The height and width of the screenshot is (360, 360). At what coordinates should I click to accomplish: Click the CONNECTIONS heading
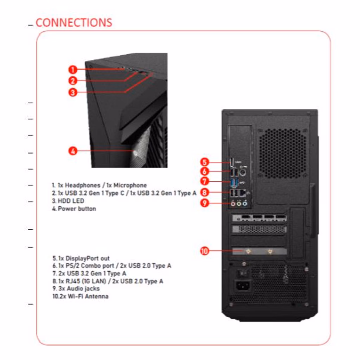click(x=74, y=22)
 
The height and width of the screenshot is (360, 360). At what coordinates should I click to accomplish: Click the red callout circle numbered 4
click(x=72, y=151)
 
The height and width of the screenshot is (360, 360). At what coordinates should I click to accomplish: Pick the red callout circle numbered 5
click(x=205, y=162)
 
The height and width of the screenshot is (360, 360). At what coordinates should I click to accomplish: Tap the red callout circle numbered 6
click(x=205, y=172)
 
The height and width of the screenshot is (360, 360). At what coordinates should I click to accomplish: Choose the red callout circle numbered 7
click(x=205, y=181)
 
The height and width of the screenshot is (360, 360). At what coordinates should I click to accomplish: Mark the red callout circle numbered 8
click(x=205, y=192)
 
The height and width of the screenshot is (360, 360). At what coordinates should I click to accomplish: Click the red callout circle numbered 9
click(x=205, y=202)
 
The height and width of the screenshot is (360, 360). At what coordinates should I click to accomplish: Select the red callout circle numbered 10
click(x=205, y=251)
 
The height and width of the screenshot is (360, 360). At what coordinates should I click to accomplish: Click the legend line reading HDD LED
click(x=68, y=201)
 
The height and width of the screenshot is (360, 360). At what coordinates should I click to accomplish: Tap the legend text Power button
click(x=77, y=208)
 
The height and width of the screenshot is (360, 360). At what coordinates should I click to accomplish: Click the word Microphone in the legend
click(x=130, y=185)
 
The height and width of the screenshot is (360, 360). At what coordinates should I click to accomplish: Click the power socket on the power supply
click(x=243, y=285)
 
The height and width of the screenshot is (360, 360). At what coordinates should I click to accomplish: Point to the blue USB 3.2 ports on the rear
click(x=234, y=182)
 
